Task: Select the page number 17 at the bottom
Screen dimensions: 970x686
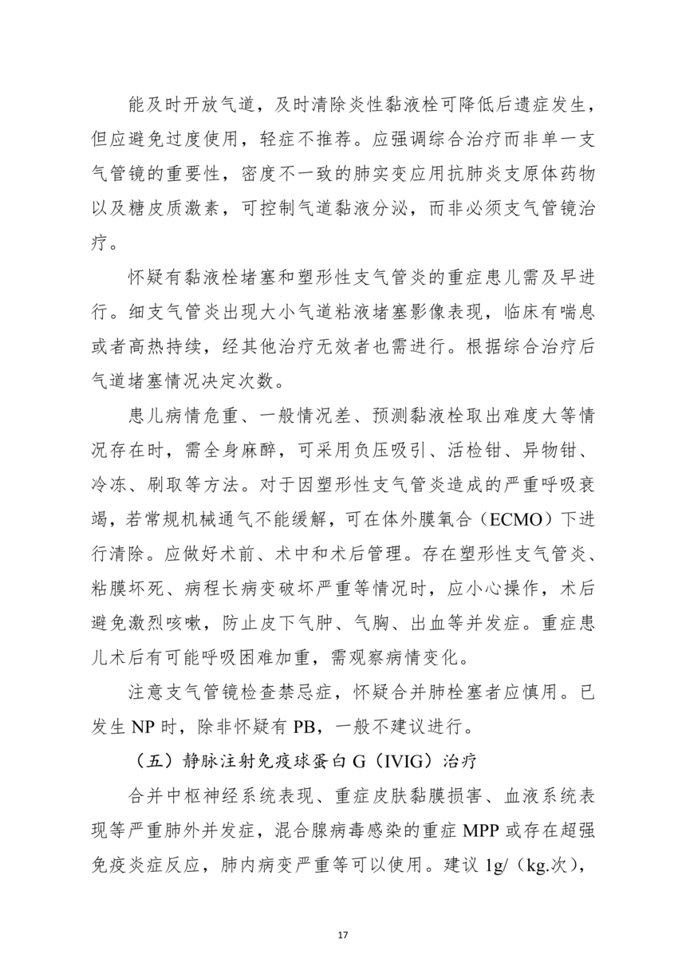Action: coord(343,934)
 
